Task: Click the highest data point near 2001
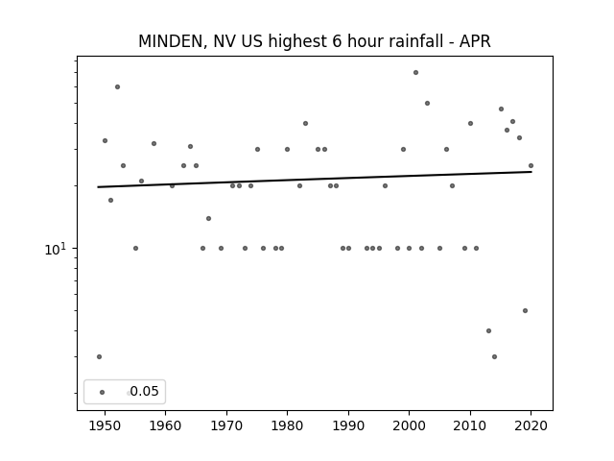click(415, 73)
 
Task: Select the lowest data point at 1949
click(99, 356)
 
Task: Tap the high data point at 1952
click(117, 87)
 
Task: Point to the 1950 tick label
click(105, 425)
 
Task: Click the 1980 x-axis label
click(287, 425)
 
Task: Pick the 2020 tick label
click(531, 425)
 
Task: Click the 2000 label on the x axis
click(410, 425)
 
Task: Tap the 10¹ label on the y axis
click(56, 249)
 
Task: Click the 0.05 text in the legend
click(144, 391)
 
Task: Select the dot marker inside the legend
click(103, 393)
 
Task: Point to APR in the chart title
click(475, 41)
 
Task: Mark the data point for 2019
click(525, 311)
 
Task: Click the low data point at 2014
click(495, 356)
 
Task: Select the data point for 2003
click(427, 104)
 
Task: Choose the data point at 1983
click(305, 124)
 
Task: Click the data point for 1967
click(209, 218)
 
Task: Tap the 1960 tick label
click(165, 425)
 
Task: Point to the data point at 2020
click(531, 166)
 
